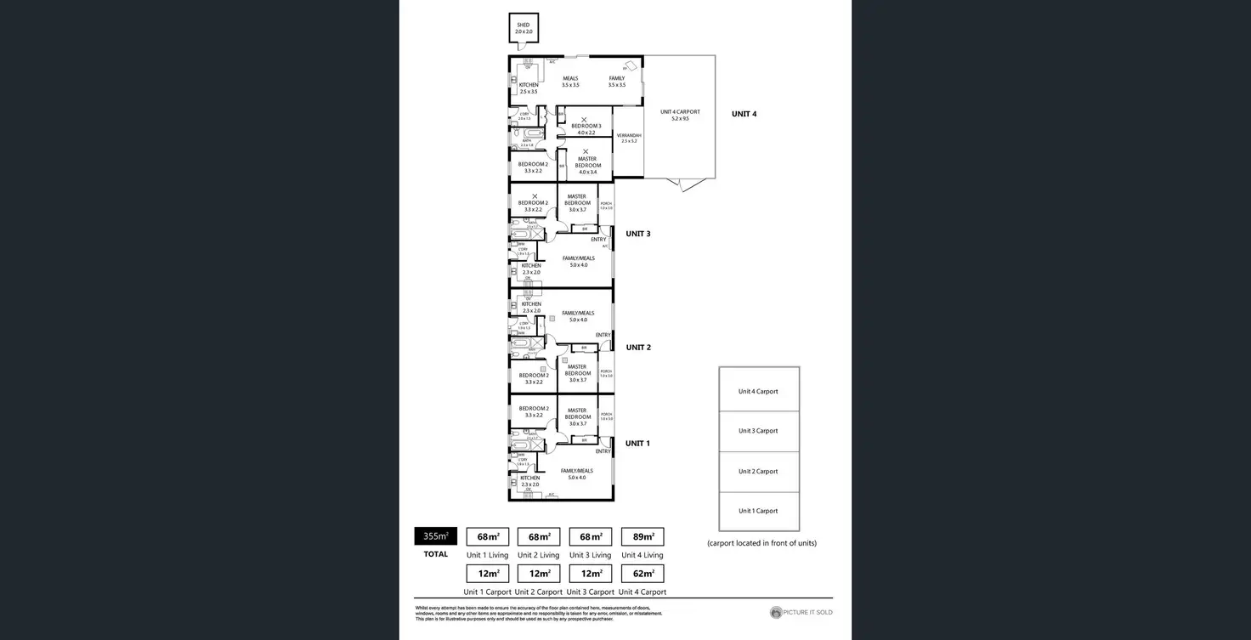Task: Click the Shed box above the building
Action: pyautogui.click(x=523, y=28)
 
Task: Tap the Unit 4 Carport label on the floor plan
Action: pyautogui.click(x=680, y=115)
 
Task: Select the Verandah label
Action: pyautogui.click(x=628, y=138)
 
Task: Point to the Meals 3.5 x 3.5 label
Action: pyautogui.click(x=570, y=82)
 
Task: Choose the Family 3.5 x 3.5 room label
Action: pyautogui.click(x=616, y=82)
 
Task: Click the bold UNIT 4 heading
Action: pyautogui.click(x=744, y=114)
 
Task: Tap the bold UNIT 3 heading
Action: pyautogui.click(x=637, y=234)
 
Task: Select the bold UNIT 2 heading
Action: pyautogui.click(x=638, y=348)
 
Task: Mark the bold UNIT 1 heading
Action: pyautogui.click(x=637, y=444)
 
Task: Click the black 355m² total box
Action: pyautogui.click(x=435, y=536)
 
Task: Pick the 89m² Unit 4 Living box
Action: pyautogui.click(x=642, y=536)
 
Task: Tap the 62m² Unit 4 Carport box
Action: pyautogui.click(x=642, y=574)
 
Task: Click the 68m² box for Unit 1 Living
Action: pyautogui.click(x=488, y=536)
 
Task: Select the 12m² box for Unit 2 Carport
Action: pyautogui.click(x=539, y=574)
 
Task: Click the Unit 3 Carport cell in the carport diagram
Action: pyautogui.click(x=758, y=431)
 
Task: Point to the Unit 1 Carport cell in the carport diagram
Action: pyautogui.click(x=758, y=511)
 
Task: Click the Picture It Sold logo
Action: pyautogui.click(x=801, y=612)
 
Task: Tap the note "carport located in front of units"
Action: pyautogui.click(x=761, y=543)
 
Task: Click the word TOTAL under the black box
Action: pyautogui.click(x=435, y=554)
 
